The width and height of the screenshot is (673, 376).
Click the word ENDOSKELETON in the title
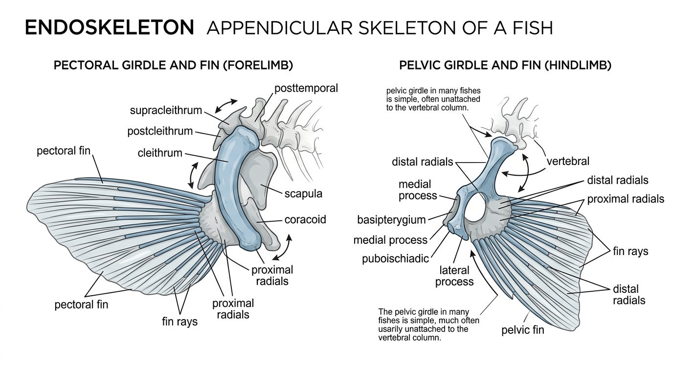[109, 28]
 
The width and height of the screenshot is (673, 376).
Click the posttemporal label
[306, 89]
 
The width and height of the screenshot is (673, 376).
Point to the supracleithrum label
[166, 110]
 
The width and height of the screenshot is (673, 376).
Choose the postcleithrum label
[160, 132]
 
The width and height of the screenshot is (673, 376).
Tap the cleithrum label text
[160, 153]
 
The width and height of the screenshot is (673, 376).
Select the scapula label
[303, 193]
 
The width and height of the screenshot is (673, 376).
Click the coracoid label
[305, 220]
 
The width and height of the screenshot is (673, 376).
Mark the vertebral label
[568, 161]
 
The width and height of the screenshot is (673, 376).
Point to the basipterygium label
[391, 219]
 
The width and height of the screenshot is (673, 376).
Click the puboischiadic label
[396, 258]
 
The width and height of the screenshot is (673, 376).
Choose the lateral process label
[454, 276]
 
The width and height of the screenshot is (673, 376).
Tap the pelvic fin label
[523, 330]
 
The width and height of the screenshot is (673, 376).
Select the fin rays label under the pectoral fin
[180, 321]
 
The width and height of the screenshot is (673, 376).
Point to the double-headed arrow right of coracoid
[283, 247]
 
